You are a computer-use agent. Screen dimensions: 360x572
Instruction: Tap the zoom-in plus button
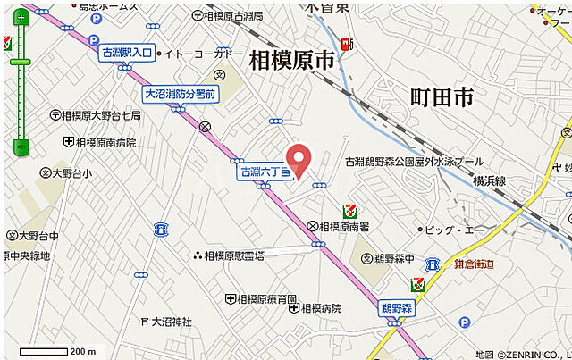pos(20,18)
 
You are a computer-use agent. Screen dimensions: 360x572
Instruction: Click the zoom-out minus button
pos(20,147)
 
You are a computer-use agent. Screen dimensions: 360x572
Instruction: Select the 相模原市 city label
pos(290,60)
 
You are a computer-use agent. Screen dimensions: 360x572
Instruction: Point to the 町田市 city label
pos(442,97)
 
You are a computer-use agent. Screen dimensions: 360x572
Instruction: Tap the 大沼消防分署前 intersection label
pos(181,93)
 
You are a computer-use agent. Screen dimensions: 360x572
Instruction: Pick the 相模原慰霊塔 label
pos(234,255)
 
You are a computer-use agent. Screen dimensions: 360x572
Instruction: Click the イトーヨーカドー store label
pos(204,54)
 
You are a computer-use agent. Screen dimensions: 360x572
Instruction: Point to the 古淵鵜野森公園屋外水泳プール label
pos(415,162)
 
